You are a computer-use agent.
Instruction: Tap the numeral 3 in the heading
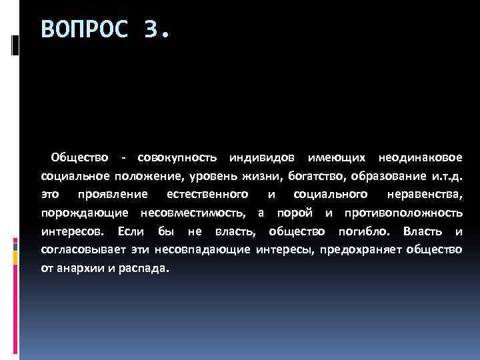pyautogui.click(x=151, y=30)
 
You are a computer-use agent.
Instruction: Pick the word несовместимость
pyautogui.click(x=193, y=213)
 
